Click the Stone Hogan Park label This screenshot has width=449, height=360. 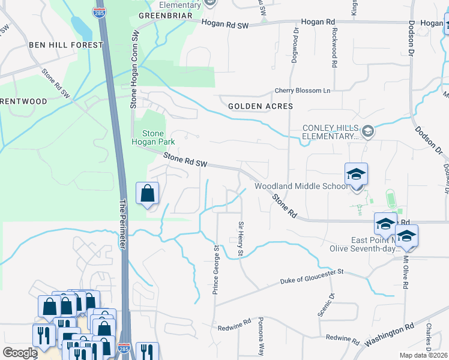158,137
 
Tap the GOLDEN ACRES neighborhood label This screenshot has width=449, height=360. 261,106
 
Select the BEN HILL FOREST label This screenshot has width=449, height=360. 58,45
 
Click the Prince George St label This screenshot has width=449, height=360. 215,269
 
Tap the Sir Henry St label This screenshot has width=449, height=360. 239,238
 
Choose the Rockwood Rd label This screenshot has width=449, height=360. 334,47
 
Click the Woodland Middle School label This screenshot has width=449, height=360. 301,186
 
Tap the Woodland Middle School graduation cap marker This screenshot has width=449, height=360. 357,175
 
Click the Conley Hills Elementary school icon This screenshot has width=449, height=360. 369,131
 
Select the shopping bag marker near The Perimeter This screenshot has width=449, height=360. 148,194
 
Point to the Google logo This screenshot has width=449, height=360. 20,353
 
